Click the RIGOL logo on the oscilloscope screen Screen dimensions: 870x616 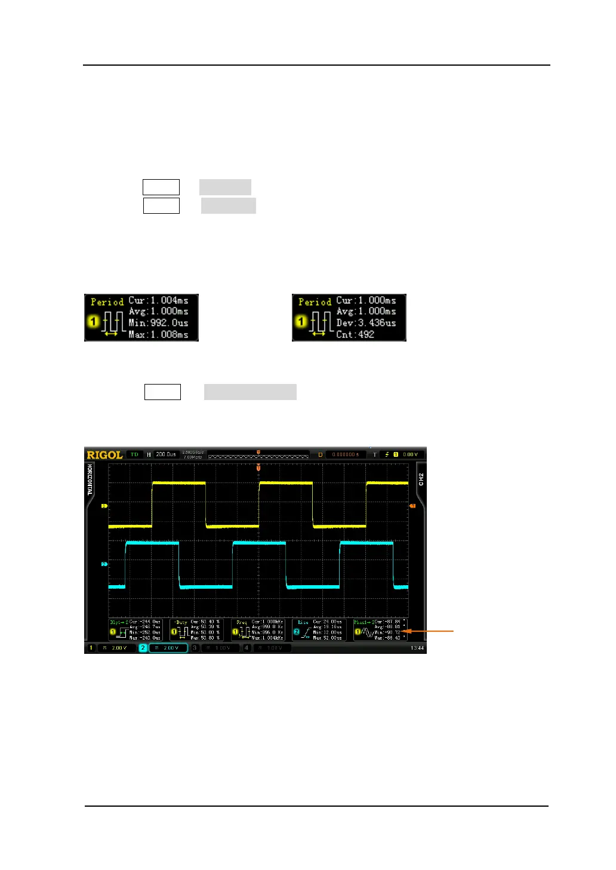point(105,455)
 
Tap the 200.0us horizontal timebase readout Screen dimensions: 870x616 point(166,454)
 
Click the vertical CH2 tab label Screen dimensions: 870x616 point(421,479)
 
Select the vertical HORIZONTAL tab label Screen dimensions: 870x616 point(90,479)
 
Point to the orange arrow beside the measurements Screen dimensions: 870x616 point(429,630)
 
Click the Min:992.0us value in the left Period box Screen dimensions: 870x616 point(158,323)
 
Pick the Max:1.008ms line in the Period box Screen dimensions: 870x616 point(158,334)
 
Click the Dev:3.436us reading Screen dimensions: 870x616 point(366,323)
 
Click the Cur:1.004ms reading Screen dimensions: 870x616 point(158,300)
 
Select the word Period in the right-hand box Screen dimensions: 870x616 point(315,302)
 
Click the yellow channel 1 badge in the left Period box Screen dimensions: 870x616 point(93,321)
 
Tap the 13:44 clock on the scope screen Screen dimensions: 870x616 point(417,648)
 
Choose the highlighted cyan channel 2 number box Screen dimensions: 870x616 point(143,648)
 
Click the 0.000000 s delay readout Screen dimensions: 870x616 point(346,454)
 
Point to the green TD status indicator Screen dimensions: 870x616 point(134,454)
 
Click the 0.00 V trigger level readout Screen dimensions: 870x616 point(410,454)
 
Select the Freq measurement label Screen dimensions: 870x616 point(241,622)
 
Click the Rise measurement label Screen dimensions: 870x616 point(303,622)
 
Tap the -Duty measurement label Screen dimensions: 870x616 point(181,622)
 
